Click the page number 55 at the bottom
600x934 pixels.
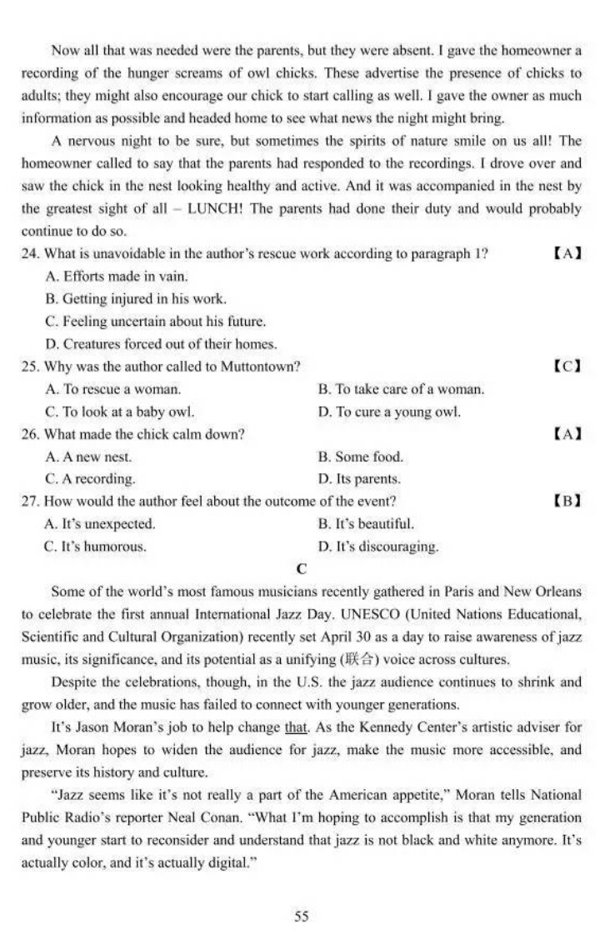click(x=301, y=917)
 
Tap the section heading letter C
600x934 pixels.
click(x=301, y=569)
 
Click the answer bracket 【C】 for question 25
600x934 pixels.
click(x=567, y=366)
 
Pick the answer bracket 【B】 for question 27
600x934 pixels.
click(x=567, y=501)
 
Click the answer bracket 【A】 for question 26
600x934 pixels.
click(x=567, y=433)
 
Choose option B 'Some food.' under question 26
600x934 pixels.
click(x=360, y=457)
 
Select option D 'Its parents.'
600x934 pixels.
click(x=359, y=479)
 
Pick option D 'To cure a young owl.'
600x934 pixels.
click(x=389, y=411)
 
